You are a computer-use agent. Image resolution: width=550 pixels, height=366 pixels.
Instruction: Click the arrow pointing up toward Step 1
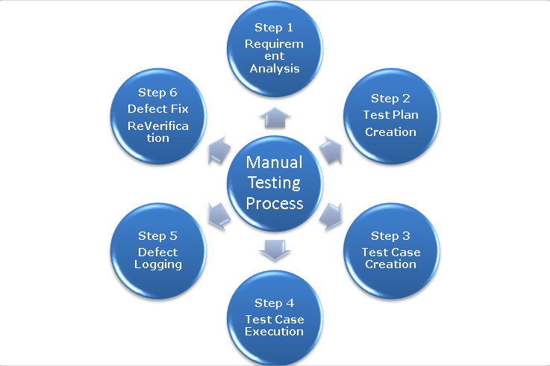coord(275,116)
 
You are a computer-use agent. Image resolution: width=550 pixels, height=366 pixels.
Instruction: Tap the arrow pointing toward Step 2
coord(330,150)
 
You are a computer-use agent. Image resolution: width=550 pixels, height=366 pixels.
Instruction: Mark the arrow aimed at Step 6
coord(219,150)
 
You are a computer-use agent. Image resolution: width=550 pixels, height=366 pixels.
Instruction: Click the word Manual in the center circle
coord(275,163)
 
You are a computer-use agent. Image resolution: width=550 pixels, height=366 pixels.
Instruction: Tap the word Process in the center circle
coord(275,203)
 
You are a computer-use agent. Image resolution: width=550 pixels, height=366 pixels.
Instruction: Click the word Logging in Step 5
coord(157,264)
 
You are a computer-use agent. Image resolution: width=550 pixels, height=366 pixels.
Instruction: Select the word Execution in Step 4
coord(275,331)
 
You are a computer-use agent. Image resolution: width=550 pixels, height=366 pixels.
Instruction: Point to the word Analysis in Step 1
coord(275,69)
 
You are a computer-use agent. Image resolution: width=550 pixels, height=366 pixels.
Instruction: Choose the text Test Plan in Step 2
coord(390,115)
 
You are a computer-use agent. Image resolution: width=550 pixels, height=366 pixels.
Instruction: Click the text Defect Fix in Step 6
coord(157,109)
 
